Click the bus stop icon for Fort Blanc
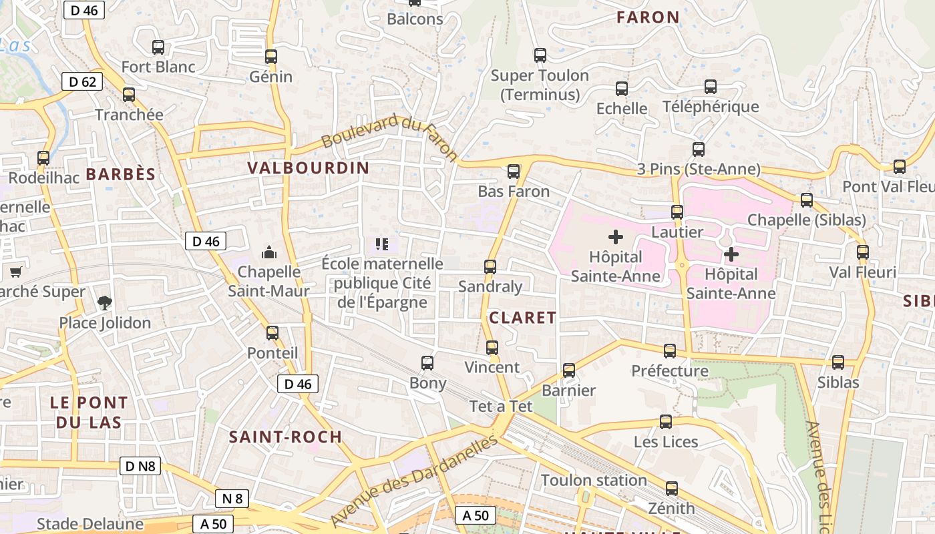(x=158, y=47)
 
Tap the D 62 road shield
(x=83, y=82)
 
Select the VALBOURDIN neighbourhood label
(x=308, y=168)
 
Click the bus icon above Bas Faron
(x=514, y=172)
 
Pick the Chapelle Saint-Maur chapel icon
(x=269, y=252)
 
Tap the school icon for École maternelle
(x=382, y=244)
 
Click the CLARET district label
(x=523, y=318)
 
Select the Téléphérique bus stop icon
(x=711, y=87)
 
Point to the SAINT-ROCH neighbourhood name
(x=285, y=437)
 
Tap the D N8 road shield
(x=141, y=465)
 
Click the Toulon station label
(x=594, y=480)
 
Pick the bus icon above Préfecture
(x=670, y=351)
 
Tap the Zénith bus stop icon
(x=672, y=489)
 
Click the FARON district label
(x=648, y=17)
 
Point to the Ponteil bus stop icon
(x=272, y=333)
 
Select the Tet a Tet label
(x=501, y=406)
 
